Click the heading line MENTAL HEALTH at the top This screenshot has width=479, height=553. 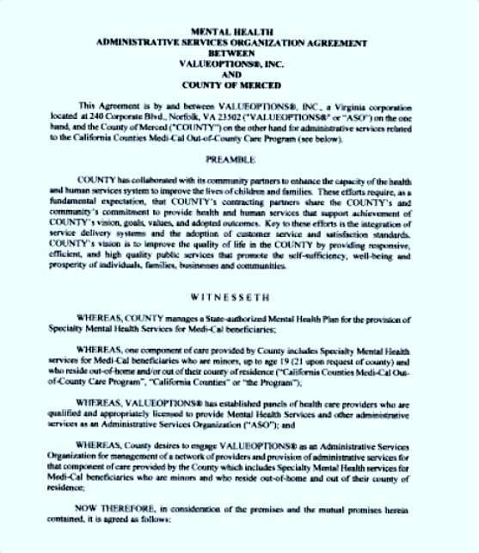(x=239, y=30)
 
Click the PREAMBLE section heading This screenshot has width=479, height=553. (x=240, y=159)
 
